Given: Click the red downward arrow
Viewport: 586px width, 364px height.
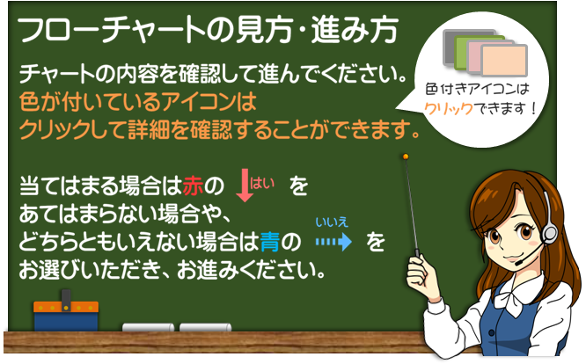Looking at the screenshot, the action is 245,186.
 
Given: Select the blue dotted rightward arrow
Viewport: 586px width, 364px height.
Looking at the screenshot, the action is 333,242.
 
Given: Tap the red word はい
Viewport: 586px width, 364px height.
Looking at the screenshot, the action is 262,183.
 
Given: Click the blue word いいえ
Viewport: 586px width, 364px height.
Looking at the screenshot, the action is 332,222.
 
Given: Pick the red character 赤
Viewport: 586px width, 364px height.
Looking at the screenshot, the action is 194,186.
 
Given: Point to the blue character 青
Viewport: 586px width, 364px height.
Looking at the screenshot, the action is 270,242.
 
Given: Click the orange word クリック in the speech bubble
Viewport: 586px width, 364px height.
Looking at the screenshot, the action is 449,109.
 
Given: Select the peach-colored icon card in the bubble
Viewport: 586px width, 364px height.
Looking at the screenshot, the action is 504,61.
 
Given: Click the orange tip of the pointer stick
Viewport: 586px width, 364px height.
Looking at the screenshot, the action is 406,157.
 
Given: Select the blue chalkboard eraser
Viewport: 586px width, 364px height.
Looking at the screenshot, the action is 66,316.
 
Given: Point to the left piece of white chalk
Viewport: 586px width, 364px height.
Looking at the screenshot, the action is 148,327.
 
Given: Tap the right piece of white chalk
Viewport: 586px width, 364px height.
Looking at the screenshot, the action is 205,327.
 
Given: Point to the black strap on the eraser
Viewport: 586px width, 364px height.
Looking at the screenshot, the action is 66,300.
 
